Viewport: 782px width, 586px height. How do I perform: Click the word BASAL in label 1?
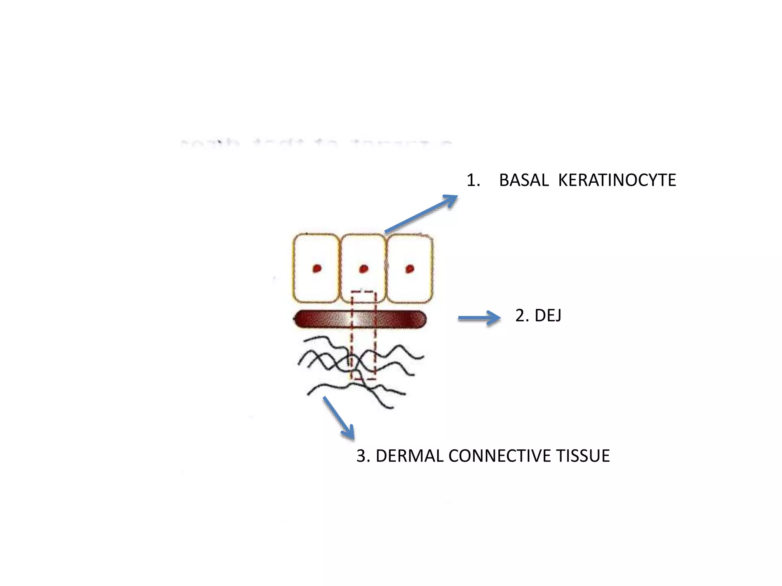(523, 180)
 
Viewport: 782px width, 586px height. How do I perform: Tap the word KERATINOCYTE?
(617, 180)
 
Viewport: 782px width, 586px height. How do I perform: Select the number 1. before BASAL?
(473, 180)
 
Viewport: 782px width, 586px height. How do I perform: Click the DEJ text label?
(548, 316)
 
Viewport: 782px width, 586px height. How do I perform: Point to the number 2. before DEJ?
(522, 316)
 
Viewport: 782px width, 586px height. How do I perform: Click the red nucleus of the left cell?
(317, 269)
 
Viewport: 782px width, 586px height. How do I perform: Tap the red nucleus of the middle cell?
(364, 269)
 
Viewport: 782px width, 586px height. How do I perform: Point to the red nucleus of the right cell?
(410, 269)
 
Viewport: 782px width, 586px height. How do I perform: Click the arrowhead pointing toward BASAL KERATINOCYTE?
(451, 199)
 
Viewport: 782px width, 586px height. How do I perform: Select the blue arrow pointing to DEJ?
(480, 317)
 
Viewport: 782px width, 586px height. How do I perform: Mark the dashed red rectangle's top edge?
(363, 292)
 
